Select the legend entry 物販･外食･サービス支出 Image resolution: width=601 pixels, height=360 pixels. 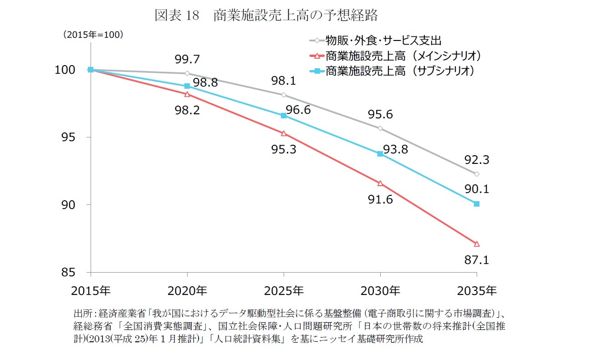tap(383, 41)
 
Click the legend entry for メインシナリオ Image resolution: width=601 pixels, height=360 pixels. tap(403, 56)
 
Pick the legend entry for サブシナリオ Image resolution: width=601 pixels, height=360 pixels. tap(400, 71)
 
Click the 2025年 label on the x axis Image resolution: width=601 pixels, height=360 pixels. tap(284, 290)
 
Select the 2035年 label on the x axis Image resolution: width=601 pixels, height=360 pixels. tap(477, 290)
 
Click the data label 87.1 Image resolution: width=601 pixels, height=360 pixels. tap(477, 260)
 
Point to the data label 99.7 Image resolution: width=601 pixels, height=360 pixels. tap(187, 59)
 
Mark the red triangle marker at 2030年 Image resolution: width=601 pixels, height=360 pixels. tap(380, 183)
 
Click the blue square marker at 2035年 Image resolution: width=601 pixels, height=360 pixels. tap(477, 204)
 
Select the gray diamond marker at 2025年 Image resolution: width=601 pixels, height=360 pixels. tap(284, 95)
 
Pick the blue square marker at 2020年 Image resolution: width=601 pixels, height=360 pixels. tap(187, 86)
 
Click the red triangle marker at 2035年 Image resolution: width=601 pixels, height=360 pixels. tap(477, 243)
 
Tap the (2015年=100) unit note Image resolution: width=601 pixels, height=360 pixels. tap(93, 35)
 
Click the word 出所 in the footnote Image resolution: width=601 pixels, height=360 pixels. tap(82, 313)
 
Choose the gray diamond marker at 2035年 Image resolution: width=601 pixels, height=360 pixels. tap(477, 174)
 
